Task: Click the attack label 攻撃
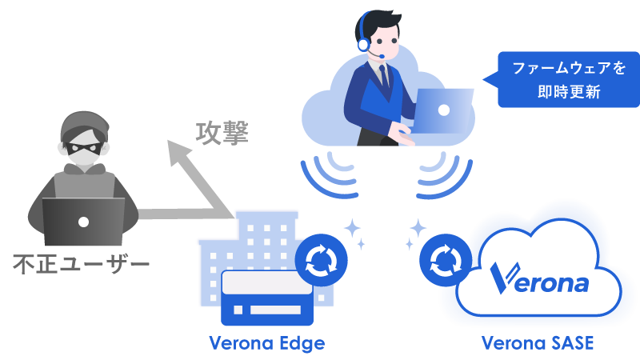pos(222,133)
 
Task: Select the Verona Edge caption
pos(266,343)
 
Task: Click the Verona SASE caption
pos(537,343)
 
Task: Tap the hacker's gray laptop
pos(82,222)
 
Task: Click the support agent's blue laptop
pos(443,110)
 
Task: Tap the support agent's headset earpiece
pos(364,43)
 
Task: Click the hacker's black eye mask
pos(83,150)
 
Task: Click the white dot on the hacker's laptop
pos(82,221)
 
